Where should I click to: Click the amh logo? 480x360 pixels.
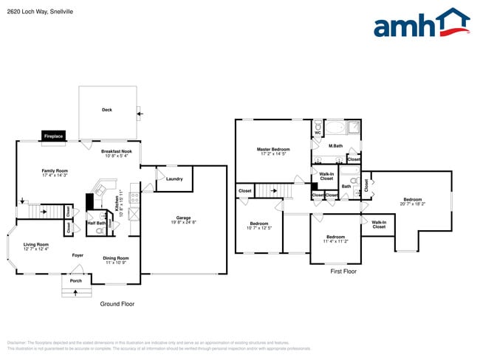[x=422, y=24]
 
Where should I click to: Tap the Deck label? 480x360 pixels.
[x=107, y=111]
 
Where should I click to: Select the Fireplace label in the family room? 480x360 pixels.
[x=53, y=136]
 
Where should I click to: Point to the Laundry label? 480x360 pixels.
[x=175, y=179]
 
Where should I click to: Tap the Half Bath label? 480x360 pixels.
[x=96, y=223]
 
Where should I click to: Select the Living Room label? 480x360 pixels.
[x=35, y=246]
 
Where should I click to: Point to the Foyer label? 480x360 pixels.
[x=78, y=255]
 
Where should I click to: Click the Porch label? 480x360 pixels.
[x=76, y=281]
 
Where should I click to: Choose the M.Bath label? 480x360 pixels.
[x=336, y=146]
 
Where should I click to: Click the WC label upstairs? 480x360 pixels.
[x=318, y=133]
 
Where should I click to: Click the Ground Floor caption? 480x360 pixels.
[x=117, y=304]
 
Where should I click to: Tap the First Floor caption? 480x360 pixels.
[x=343, y=271]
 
